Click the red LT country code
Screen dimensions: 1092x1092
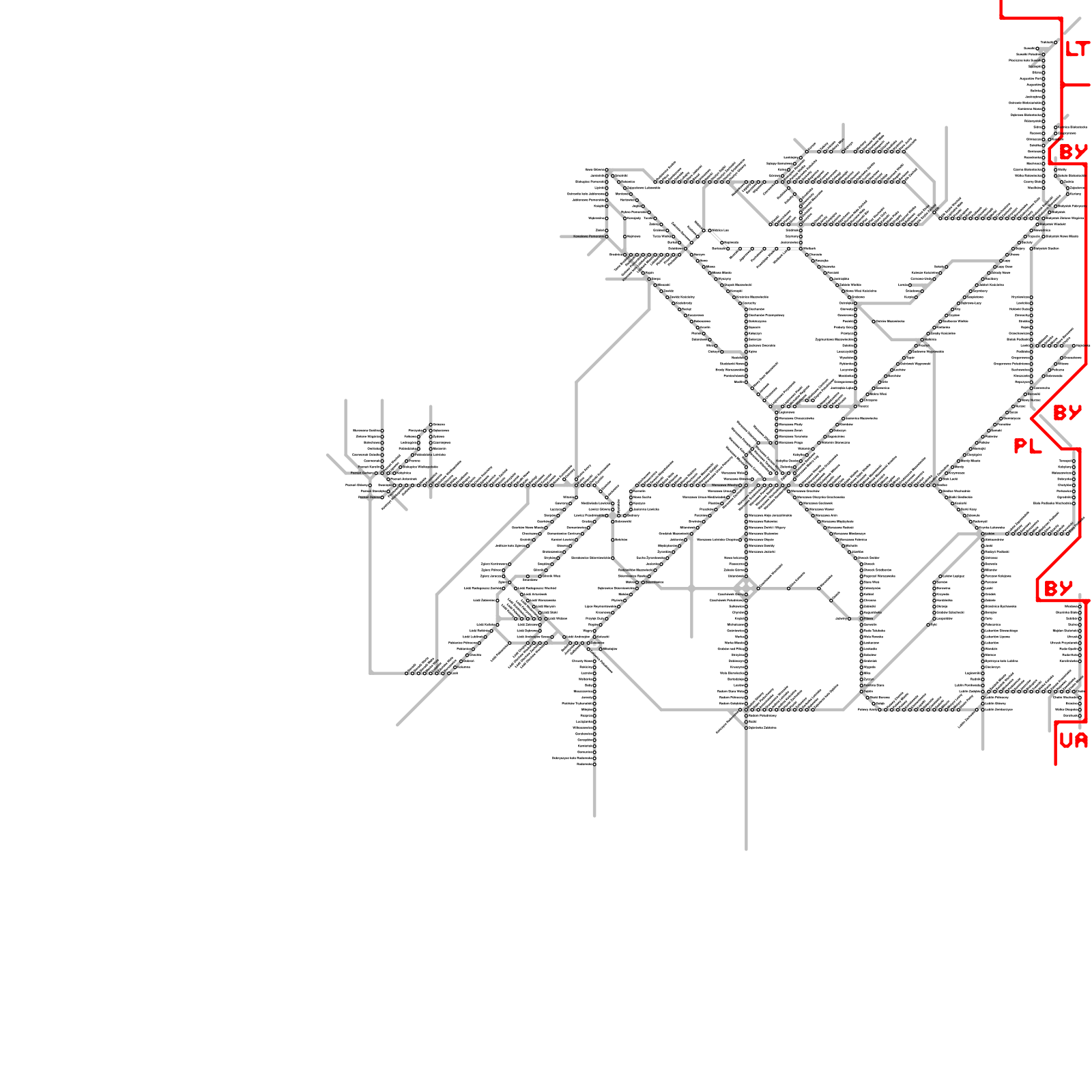pyautogui.click(x=1077, y=49)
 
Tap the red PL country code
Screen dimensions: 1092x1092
pyautogui.click(x=1027, y=446)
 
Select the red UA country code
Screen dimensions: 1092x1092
pyautogui.click(x=1073, y=741)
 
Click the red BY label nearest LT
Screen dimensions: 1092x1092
pyautogui.click(x=1073, y=152)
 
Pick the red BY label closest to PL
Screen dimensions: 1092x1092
pyautogui.click(x=1067, y=413)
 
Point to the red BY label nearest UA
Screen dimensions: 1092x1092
pyautogui.click(x=1058, y=588)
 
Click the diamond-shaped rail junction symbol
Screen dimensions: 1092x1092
pyautogui.click(x=744, y=587)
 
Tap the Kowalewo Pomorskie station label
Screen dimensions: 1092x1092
pyautogui.click(x=588, y=236)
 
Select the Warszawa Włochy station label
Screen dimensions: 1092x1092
pyautogui.click(x=725, y=485)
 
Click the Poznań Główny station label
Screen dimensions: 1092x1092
pyautogui.click(x=357, y=485)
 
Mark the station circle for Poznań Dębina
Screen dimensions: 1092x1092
pyautogui.click(x=382, y=498)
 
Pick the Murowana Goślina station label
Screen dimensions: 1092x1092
pyautogui.click(x=367, y=431)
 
